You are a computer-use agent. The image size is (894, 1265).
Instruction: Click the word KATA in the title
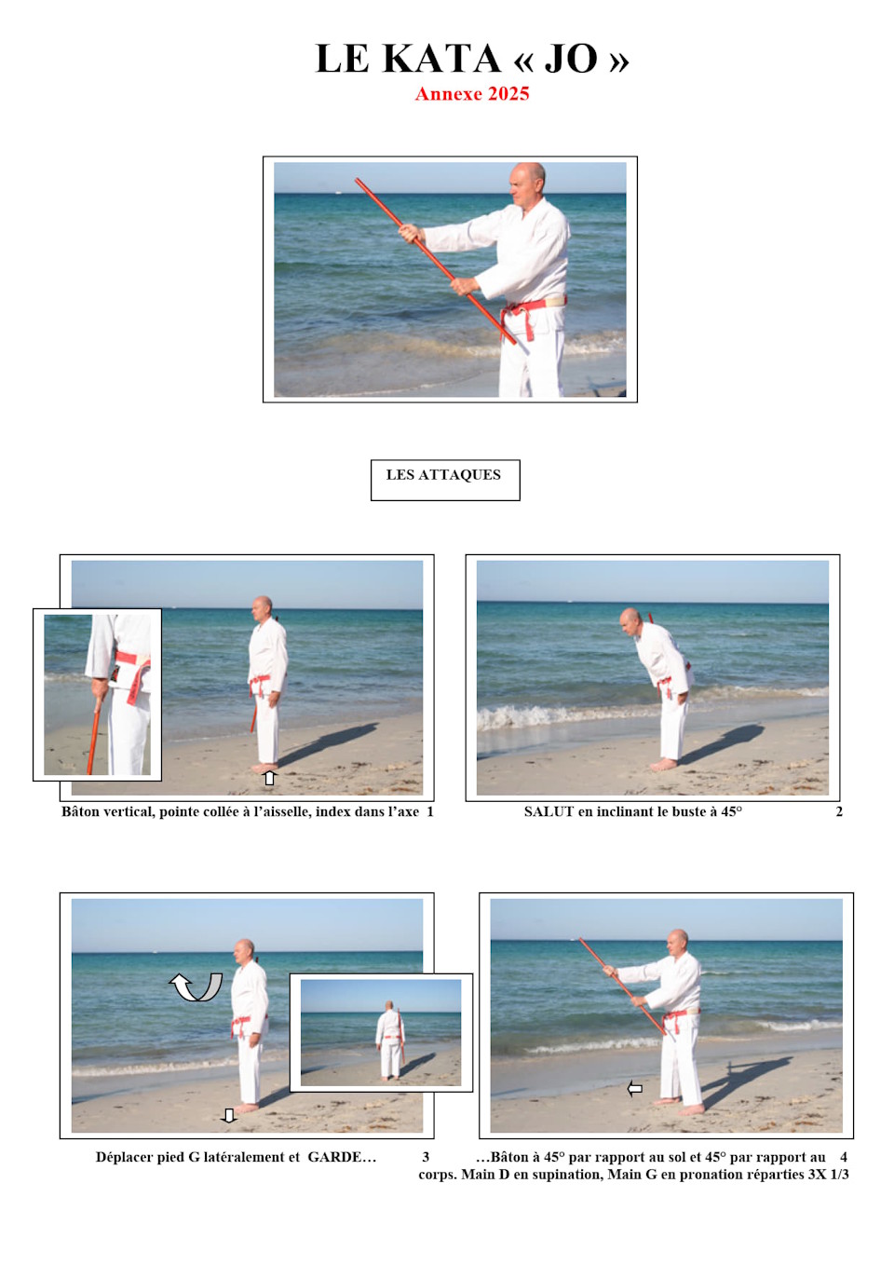pyautogui.click(x=441, y=59)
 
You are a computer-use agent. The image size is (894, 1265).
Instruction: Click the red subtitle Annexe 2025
pyautogui.click(x=472, y=94)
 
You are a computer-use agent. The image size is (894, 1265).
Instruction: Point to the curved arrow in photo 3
pyautogui.click(x=196, y=986)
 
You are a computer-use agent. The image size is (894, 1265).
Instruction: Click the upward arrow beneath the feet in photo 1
pyautogui.click(x=270, y=778)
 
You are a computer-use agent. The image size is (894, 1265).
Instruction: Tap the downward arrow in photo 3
pyautogui.click(x=228, y=1115)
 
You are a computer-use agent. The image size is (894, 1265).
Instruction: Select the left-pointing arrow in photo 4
pyautogui.click(x=635, y=1088)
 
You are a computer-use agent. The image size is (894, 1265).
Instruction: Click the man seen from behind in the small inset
pyautogui.click(x=390, y=1038)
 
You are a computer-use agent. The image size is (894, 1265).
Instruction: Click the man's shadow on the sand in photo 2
pyautogui.click(x=723, y=742)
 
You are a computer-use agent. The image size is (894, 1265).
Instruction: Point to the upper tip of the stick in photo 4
pyautogui.click(x=580, y=939)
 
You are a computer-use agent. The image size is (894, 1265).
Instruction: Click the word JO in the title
pyautogui.click(x=571, y=59)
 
